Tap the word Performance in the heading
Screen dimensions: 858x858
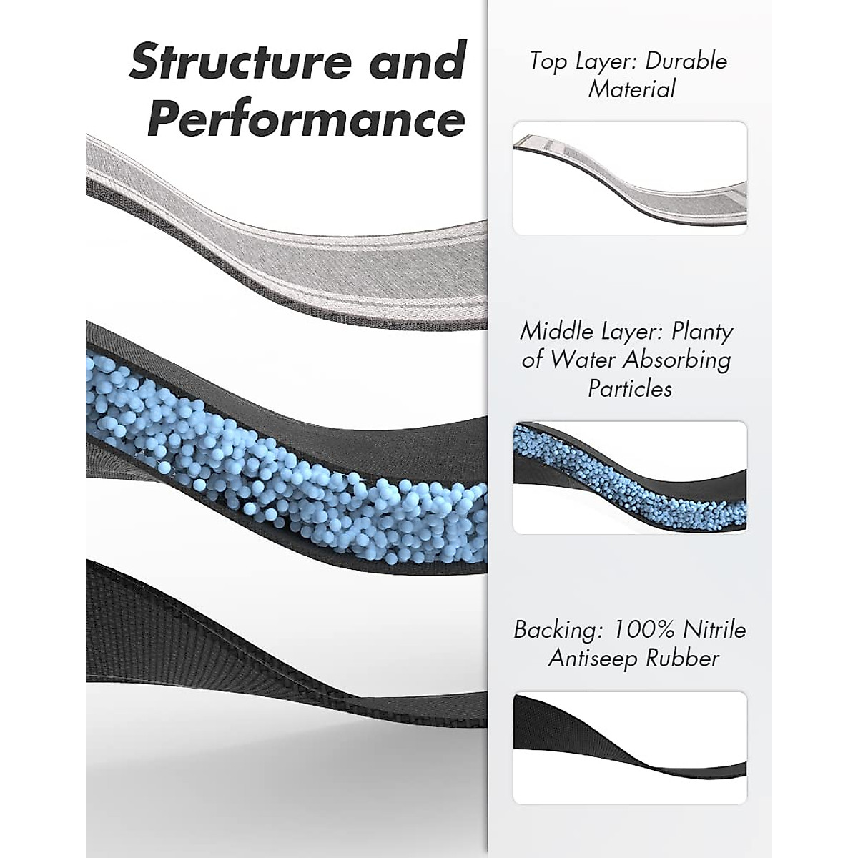pos(306,119)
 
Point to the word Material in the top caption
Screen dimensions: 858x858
pos(631,89)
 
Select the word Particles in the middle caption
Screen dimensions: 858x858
pos(630,388)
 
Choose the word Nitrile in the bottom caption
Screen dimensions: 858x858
pos(715,630)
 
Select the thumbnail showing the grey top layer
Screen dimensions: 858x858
pos(630,178)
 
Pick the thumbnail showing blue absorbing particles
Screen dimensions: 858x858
pos(630,477)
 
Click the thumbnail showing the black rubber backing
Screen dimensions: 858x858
pos(630,747)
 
